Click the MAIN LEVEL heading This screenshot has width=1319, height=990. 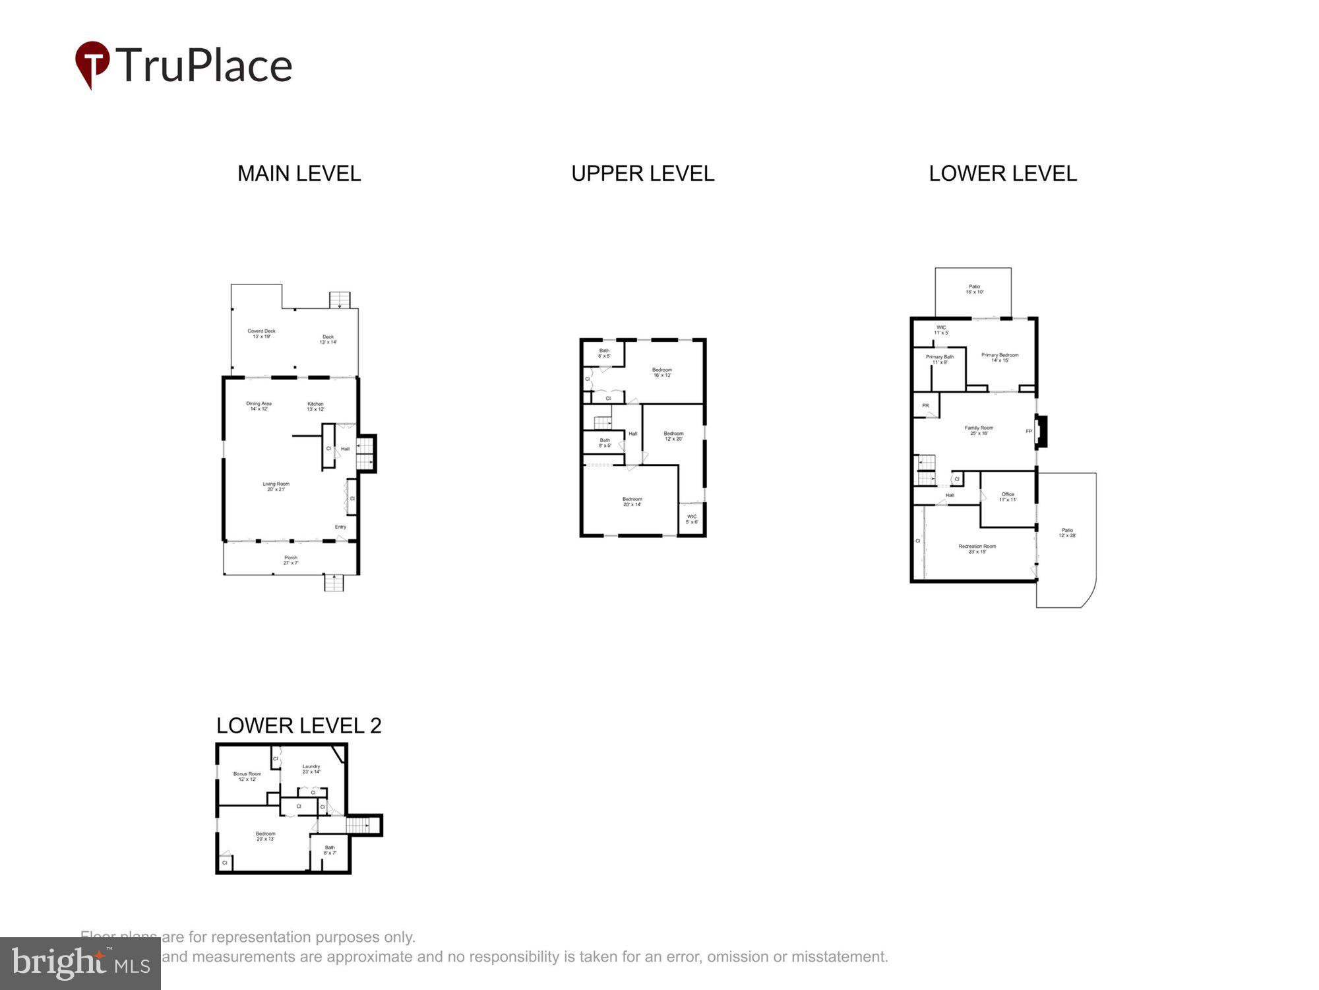tap(299, 174)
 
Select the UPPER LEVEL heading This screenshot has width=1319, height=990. tap(642, 174)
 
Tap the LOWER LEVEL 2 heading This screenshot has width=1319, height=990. tap(299, 725)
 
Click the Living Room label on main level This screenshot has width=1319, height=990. tap(276, 486)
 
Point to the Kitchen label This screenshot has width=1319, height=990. tap(315, 406)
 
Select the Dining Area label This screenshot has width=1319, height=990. tap(259, 406)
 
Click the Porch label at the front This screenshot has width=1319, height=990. tap(291, 560)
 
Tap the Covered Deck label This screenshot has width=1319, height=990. tap(261, 333)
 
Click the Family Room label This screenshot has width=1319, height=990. tap(979, 430)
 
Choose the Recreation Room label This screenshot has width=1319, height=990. tap(977, 548)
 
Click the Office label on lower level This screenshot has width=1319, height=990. tap(1008, 496)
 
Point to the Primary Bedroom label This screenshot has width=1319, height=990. tap(999, 357)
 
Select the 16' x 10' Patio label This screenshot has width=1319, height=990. tap(974, 289)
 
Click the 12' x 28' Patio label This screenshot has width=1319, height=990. tap(1067, 533)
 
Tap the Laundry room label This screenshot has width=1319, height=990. tap(311, 769)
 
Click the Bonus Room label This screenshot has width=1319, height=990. tap(247, 776)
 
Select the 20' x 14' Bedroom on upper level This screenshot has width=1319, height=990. tap(632, 502)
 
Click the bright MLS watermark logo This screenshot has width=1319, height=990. tap(80, 964)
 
